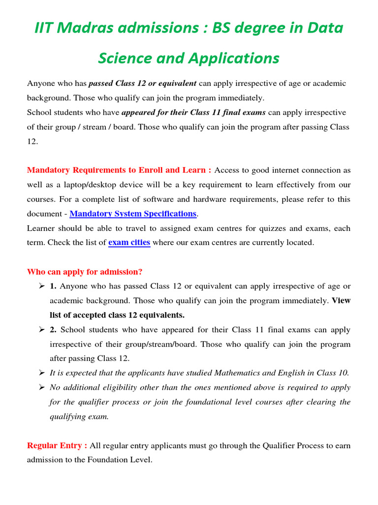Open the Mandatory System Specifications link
(133, 214)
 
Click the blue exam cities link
(129, 243)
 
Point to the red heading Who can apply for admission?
(85, 272)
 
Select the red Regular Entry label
(57, 445)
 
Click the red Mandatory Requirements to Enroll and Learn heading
(119, 170)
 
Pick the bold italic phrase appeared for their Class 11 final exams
(193, 112)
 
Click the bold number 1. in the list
(53, 286)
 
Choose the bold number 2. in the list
(53, 329)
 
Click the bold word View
(341, 300)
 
